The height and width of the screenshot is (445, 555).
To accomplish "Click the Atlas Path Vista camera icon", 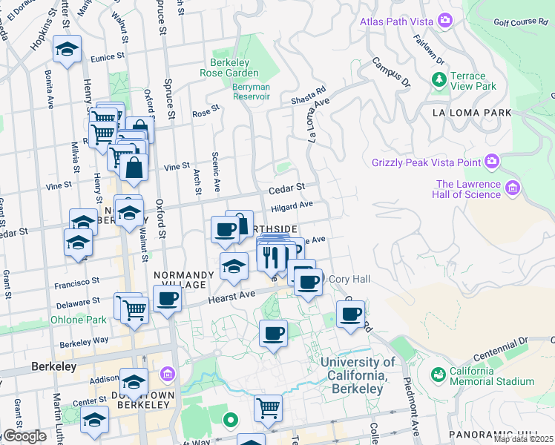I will coord(445,20).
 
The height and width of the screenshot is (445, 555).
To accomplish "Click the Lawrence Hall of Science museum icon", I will coord(512,189).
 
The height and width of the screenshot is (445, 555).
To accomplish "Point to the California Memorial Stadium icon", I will coord(439,375).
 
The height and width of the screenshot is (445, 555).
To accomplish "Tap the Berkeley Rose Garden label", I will coord(229,67).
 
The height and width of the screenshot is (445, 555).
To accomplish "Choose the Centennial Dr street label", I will coord(511,345).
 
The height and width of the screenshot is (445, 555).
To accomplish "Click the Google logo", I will coord(24,435).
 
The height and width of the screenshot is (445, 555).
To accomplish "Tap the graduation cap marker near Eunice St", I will coord(67,50).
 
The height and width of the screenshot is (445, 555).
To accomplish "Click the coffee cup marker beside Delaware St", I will coord(167,298).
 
